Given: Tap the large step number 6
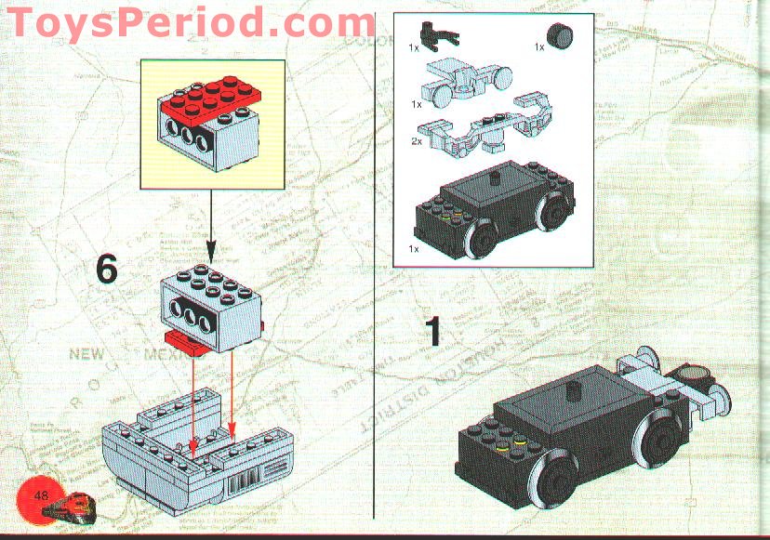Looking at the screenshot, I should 107,270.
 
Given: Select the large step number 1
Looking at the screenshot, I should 432,332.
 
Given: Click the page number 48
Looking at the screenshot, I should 42,494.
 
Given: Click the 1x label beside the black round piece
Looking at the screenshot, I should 539,46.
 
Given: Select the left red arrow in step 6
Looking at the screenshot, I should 192,400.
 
